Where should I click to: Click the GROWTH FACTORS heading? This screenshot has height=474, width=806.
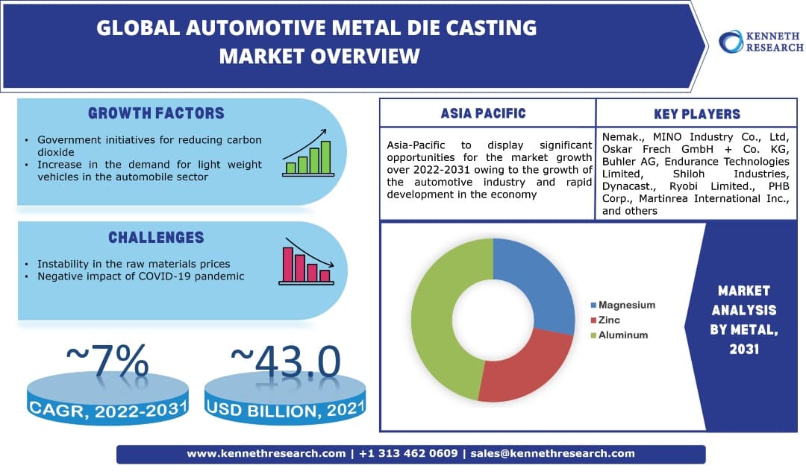(x=156, y=114)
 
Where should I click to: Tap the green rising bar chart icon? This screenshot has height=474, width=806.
(x=307, y=152)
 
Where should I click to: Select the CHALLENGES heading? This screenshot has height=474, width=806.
(x=156, y=238)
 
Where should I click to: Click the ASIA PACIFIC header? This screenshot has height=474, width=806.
(x=483, y=114)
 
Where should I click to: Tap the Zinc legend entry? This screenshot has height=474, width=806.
(x=609, y=320)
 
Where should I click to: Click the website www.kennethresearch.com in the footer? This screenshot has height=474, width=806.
(x=266, y=453)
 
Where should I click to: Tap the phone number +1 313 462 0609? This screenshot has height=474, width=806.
(x=410, y=453)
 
